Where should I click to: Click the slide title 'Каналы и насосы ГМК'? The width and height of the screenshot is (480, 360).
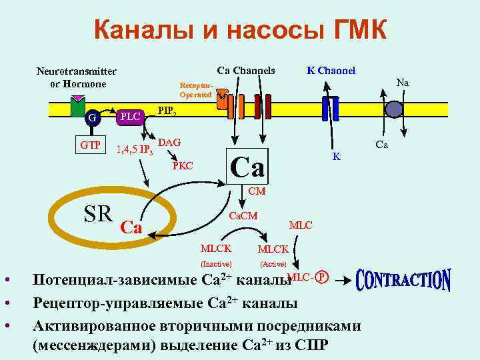[x=240, y=29]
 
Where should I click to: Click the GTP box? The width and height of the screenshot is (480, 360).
[x=91, y=146]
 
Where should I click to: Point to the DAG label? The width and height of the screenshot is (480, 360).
[x=169, y=143]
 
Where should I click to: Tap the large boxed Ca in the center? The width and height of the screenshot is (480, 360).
[x=247, y=165]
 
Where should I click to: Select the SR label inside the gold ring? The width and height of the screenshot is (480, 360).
[x=98, y=213]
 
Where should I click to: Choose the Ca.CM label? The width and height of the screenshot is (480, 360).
[x=243, y=217]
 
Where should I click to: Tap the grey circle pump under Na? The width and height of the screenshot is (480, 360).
[x=395, y=109]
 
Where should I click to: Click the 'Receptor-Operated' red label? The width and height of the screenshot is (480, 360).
[x=196, y=91]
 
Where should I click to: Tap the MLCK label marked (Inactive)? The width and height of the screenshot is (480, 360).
[x=217, y=249]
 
